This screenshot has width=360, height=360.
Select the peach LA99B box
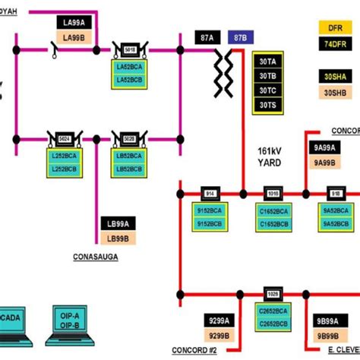74,37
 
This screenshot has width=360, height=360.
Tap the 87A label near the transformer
204,37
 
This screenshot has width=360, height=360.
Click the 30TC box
267,89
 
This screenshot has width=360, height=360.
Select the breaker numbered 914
210,193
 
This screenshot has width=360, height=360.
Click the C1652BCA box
273,210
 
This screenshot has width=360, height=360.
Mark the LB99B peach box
117,238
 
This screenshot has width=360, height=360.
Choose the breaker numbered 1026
273,293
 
